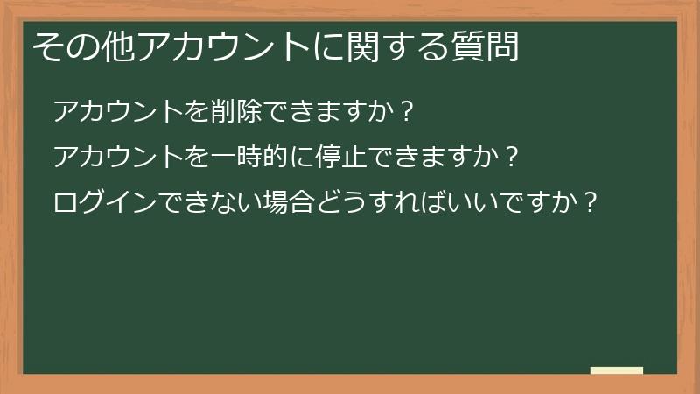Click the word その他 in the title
point(84,46)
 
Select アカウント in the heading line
point(224,46)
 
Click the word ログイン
point(105,203)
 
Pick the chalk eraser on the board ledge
point(616,370)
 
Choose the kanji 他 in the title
point(118,46)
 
